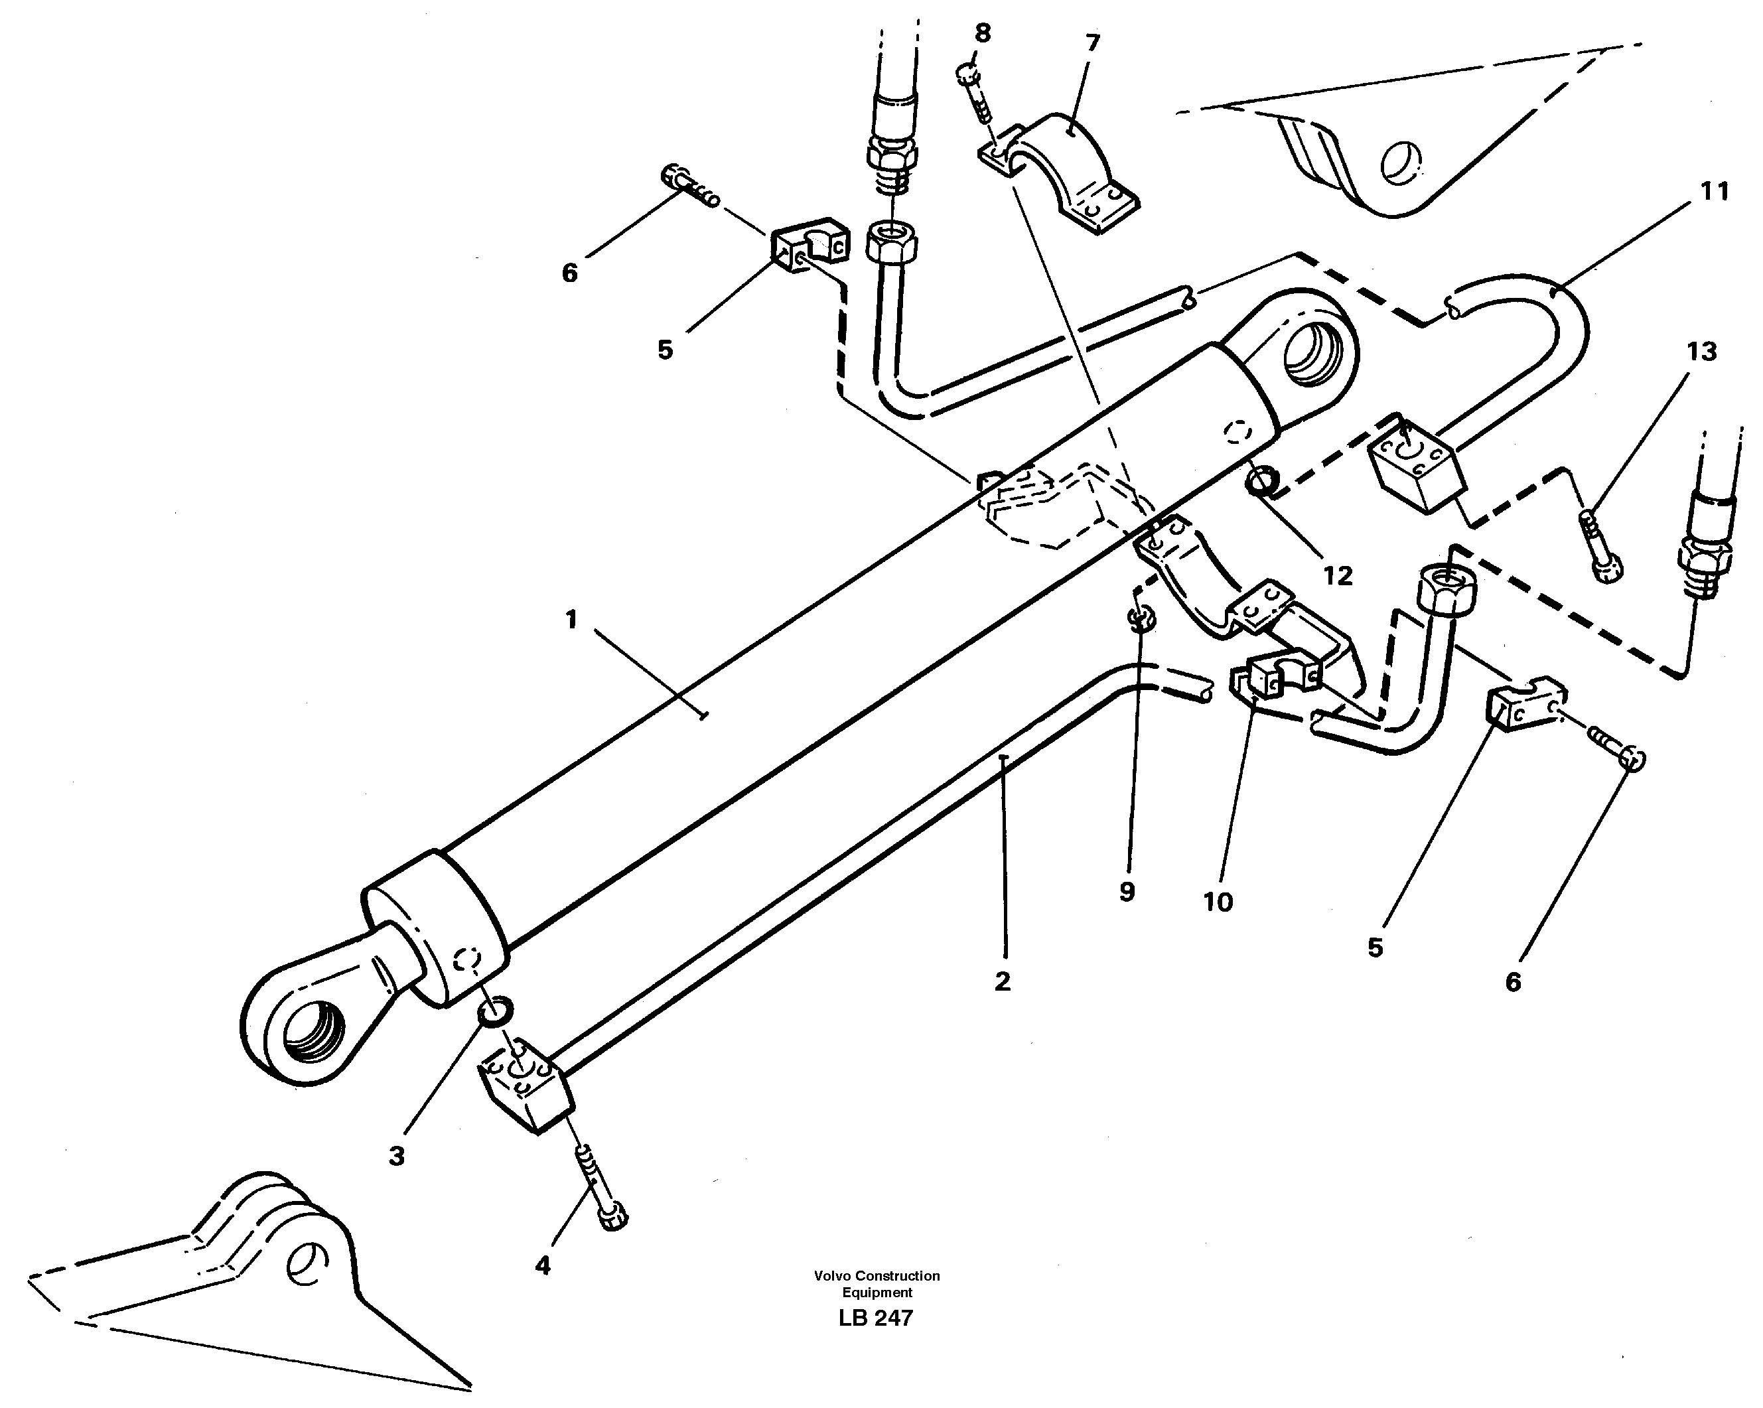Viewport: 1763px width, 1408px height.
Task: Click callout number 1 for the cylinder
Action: click(x=571, y=620)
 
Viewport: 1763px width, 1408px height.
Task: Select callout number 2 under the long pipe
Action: click(x=1003, y=981)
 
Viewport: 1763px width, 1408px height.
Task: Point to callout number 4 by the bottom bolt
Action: click(x=543, y=1267)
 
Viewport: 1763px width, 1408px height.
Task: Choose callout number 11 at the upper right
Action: click(x=1715, y=192)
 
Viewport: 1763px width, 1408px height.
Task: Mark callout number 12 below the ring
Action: click(x=1338, y=576)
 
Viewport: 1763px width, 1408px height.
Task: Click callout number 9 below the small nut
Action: click(x=1127, y=892)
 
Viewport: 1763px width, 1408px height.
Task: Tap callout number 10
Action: click(x=1218, y=902)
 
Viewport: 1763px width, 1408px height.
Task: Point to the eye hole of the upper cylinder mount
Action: click(x=1313, y=355)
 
